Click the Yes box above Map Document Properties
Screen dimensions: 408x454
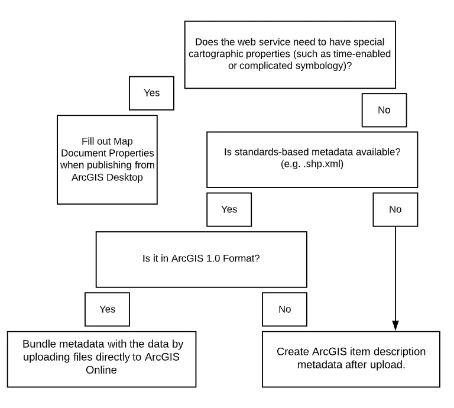[x=151, y=93]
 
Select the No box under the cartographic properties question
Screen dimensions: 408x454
[x=384, y=110]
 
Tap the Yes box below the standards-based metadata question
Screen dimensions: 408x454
[x=228, y=209]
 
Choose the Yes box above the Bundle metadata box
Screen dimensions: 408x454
[x=108, y=309]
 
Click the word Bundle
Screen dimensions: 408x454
[x=38, y=344]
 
